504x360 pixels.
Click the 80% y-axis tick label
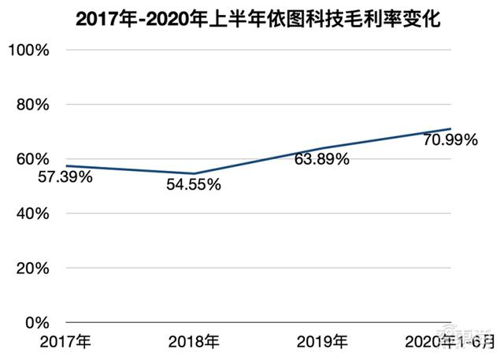(x=31, y=105)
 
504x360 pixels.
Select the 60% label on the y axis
(x=31, y=159)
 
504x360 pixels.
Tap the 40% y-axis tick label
(x=31, y=213)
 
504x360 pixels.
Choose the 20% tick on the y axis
(x=31, y=268)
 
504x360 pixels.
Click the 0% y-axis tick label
(x=35, y=323)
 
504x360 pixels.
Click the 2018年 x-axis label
(x=195, y=342)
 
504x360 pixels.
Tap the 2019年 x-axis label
(x=321, y=342)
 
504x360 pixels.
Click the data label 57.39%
(x=65, y=177)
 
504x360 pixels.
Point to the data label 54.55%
(x=194, y=186)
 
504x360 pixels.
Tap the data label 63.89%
(x=321, y=160)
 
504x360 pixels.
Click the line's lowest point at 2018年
(x=194, y=173)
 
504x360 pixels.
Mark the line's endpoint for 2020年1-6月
(x=450, y=128)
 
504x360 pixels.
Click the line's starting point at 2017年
(x=66, y=166)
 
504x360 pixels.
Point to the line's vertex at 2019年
(x=322, y=148)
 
